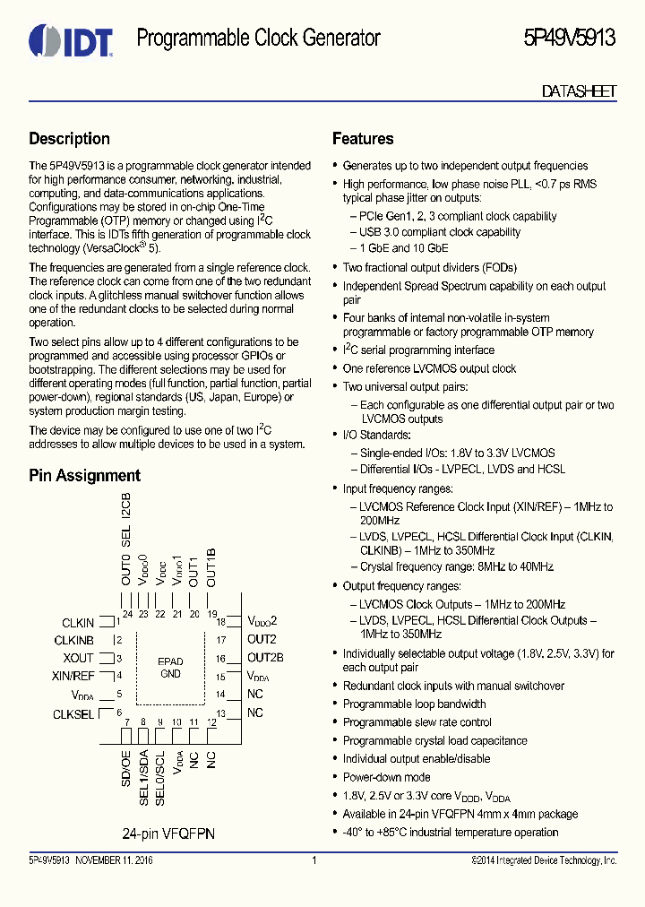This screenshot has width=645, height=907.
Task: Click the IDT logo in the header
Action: coord(70,39)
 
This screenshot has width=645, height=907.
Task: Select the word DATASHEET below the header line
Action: coord(579,91)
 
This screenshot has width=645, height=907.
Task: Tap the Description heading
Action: coord(69,139)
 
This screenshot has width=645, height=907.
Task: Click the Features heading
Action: coord(363,139)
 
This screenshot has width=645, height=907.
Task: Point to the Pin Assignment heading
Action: coord(84,476)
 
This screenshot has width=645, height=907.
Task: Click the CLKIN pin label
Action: coord(78,623)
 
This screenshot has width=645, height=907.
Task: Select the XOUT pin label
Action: coord(79,658)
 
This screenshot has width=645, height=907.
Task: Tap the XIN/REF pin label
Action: coord(73,676)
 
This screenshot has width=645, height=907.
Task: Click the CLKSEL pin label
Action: coord(73,713)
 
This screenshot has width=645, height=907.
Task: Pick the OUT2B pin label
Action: coord(265,658)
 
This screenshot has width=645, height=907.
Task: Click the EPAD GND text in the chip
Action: coord(170,667)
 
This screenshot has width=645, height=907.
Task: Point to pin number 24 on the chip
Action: coord(127,614)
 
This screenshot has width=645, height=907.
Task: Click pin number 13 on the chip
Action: coord(219,713)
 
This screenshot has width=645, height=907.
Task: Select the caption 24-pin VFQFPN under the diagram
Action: coord(168,833)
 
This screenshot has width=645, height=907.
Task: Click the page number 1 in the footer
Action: coord(314,860)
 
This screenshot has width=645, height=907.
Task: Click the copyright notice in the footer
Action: coord(544,860)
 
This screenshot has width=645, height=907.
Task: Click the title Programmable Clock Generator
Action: coord(258,38)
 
